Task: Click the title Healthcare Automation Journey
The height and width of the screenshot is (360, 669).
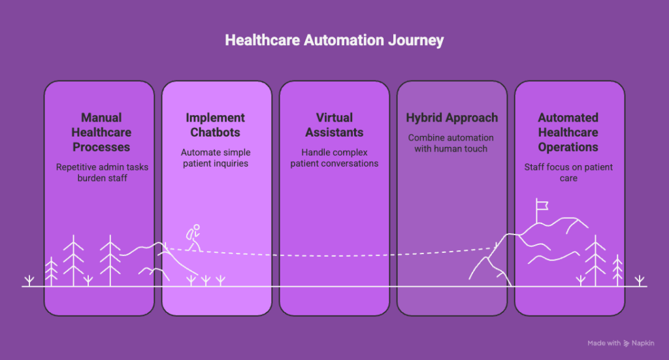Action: point(334,41)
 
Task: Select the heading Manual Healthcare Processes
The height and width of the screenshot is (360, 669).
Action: point(101,132)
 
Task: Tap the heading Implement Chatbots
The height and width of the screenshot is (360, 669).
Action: point(216,125)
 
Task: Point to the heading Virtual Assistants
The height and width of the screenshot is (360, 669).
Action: point(334,125)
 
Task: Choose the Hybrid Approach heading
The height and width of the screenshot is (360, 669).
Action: point(451,118)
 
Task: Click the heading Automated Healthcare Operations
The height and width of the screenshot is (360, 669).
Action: point(568,132)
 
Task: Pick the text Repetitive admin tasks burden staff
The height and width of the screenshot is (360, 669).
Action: point(101,172)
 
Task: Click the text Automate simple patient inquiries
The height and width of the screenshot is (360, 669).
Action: point(216,158)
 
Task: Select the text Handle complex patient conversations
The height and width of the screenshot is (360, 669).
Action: point(334,158)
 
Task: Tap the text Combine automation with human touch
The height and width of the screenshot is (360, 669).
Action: point(451,143)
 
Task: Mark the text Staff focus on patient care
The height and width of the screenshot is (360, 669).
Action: point(568,172)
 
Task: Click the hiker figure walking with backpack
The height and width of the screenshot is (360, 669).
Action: point(193,238)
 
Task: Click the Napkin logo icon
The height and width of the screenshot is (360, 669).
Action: point(627,343)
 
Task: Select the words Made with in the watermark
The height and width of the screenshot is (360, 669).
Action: point(603,343)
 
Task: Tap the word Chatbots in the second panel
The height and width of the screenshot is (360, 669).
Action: point(216,132)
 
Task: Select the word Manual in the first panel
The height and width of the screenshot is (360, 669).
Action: point(101,118)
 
